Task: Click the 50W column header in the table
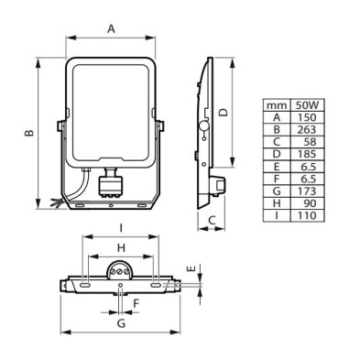pyautogui.click(x=307, y=105)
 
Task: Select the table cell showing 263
pyautogui.click(x=307, y=130)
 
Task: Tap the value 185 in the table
pyautogui.click(x=307, y=154)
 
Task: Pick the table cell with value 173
pyautogui.click(x=307, y=191)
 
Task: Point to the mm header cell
pyautogui.click(x=277, y=105)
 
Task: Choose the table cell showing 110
pyautogui.click(x=307, y=215)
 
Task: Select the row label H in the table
pyautogui.click(x=277, y=203)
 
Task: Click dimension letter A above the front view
pyautogui.click(x=111, y=29)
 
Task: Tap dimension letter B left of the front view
pyautogui.click(x=29, y=133)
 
